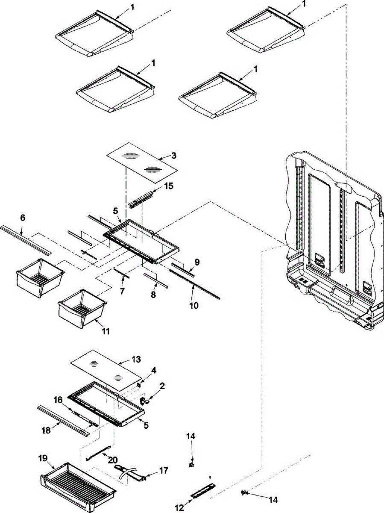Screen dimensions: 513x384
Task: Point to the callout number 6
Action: click(23, 218)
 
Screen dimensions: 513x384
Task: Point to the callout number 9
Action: click(197, 262)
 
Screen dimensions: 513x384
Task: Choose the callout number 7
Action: click(122, 291)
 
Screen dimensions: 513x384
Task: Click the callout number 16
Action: click(59, 400)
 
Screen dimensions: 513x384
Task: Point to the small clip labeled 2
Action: click(144, 400)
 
